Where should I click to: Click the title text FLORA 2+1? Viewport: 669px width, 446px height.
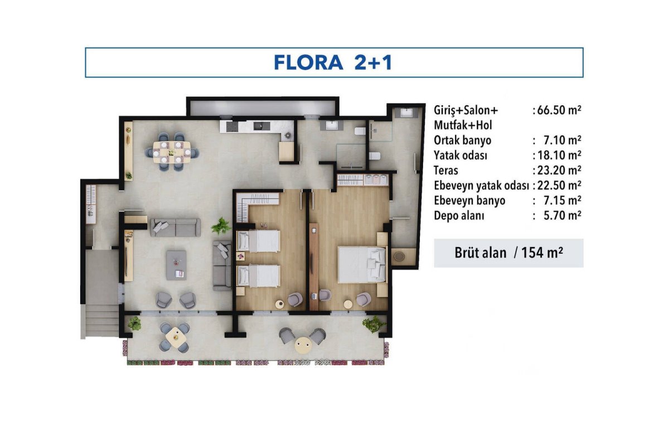point(333,62)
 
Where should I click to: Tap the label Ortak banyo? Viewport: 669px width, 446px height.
point(462,140)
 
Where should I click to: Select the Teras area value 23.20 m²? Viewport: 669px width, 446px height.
point(559,170)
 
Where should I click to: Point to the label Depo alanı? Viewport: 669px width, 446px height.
point(459,215)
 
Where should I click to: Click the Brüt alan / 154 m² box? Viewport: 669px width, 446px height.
point(508,253)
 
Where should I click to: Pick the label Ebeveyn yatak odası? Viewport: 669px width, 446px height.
point(482,186)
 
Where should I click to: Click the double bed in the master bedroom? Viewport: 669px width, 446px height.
point(362,264)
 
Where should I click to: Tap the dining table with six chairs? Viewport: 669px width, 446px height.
point(172,152)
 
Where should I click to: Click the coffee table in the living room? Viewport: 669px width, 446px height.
point(177,265)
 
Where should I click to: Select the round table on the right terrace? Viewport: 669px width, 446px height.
point(303,345)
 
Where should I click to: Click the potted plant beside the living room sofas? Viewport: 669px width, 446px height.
point(221,226)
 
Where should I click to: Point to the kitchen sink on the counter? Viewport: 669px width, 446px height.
point(262,126)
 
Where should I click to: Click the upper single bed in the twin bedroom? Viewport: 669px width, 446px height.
point(258,241)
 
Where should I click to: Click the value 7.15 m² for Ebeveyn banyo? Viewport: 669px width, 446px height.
point(563,201)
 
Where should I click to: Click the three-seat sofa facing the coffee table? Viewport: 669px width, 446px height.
point(175,227)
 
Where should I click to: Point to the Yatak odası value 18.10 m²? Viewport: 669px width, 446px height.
point(559,156)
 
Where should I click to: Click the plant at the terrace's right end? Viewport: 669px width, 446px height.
point(373,324)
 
